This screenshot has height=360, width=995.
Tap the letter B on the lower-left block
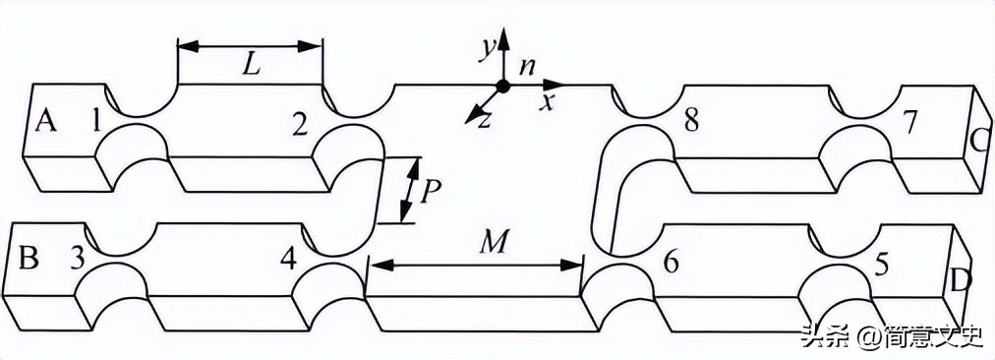pyautogui.click(x=29, y=259)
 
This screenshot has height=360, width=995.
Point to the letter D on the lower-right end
pyautogui.click(x=962, y=280)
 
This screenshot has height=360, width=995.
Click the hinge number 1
pyautogui.click(x=96, y=122)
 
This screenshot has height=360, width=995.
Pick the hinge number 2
pyautogui.click(x=300, y=123)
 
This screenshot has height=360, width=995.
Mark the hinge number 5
pyautogui.click(x=882, y=264)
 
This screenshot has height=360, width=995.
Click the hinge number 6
pyautogui.click(x=672, y=263)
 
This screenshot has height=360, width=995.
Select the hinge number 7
pyautogui.click(x=909, y=123)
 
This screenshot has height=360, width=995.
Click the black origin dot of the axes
pyautogui.click(x=502, y=87)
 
